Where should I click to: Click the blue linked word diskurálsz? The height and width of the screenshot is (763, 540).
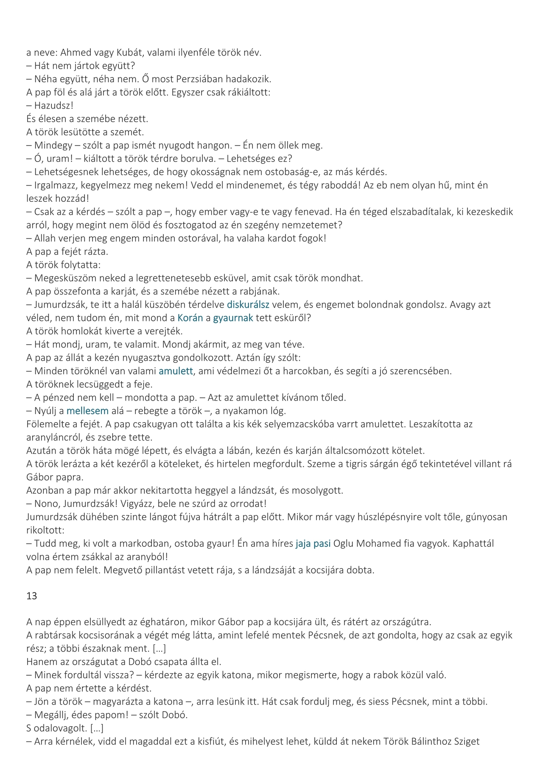pyautogui.click(x=248, y=304)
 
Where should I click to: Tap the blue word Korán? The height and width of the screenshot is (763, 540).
pyautogui.click(x=190, y=318)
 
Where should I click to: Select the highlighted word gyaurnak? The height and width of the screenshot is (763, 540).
pyautogui.click(x=233, y=318)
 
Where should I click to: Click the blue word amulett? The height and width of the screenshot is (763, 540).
pyautogui.click(x=176, y=371)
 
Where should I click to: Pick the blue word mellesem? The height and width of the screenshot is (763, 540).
pyautogui.click(x=87, y=411)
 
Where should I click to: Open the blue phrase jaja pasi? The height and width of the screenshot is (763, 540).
pyautogui.click(x=313, y=543)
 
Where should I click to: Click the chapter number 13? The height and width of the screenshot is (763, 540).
pyautogui.click(x=32, y=596)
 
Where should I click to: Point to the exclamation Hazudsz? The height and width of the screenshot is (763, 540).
pyautogui.click(x=54, y=106)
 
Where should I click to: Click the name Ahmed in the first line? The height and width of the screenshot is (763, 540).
pyautogui.click(x=76, y=53)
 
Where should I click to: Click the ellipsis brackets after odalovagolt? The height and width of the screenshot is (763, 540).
pyautogui.click(x=97, y=728)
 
